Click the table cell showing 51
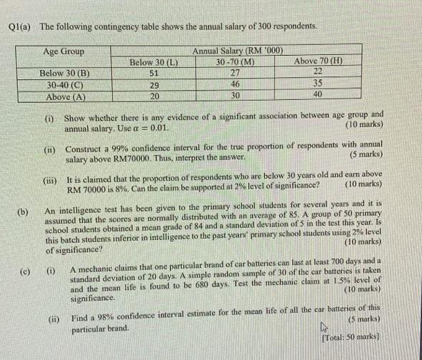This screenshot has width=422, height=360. [x=153, y=74]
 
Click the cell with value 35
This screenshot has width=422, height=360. [x=318, y=83]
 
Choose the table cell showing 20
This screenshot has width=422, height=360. [x=154, y=96]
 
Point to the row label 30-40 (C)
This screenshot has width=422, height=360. [x=65, y=84]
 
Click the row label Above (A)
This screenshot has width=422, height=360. [x=65, y=96]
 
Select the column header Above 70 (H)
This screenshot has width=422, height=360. [x=318, y=61]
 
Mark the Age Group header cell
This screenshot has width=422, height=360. [x=64, y=51]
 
